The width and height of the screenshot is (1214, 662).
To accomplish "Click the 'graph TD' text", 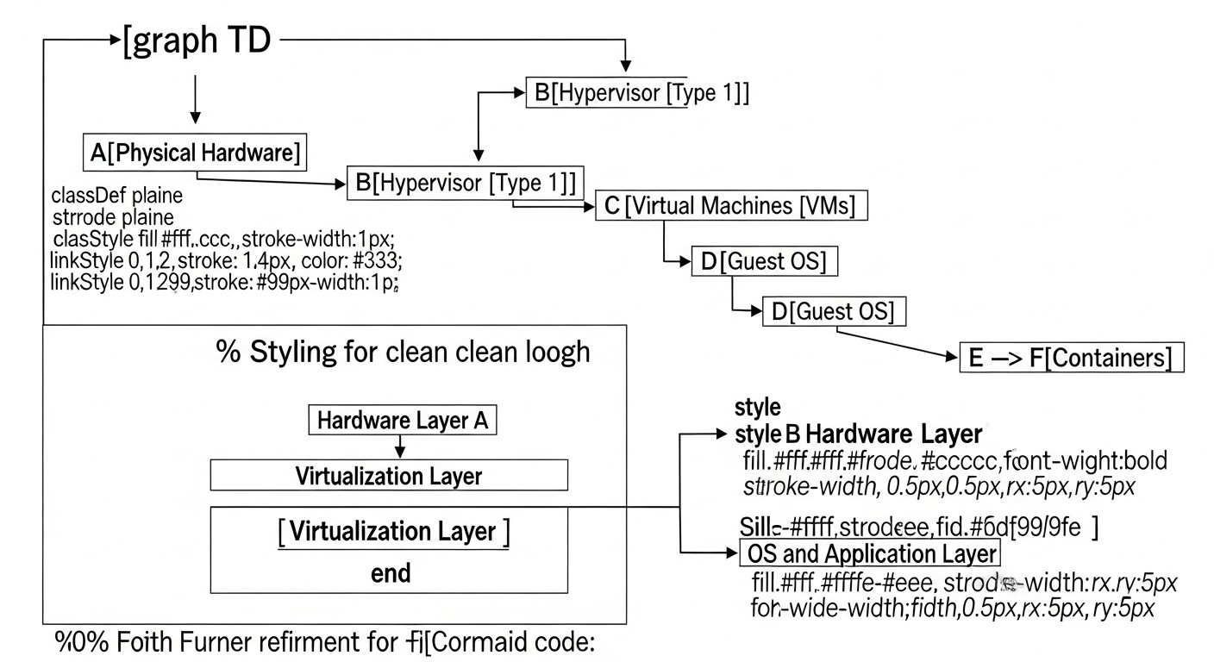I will coord(197,41).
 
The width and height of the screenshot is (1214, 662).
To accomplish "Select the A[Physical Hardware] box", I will coord(196,153).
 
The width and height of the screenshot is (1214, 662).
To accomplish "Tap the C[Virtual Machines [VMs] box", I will coord(732,207).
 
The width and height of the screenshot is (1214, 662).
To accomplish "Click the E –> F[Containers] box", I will coord(1072,358).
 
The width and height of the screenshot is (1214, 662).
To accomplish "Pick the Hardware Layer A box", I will coord(403,421).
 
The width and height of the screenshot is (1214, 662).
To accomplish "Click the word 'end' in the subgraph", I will coord(390,572).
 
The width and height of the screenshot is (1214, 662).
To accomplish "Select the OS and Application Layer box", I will coord(870,553).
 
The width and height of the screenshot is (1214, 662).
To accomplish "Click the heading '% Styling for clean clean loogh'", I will coord(403,352).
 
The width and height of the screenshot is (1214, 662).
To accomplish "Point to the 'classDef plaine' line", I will coord(117,196).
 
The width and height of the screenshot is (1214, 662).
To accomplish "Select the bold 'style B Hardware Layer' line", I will coord(859,434).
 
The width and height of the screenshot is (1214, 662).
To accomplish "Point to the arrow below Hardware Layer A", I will coord(398,447).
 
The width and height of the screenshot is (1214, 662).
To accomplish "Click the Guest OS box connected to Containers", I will coord(835,311).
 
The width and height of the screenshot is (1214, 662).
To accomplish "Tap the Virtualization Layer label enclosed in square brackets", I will coord(394,532).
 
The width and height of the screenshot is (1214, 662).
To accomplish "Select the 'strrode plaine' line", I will coord(113,216).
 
